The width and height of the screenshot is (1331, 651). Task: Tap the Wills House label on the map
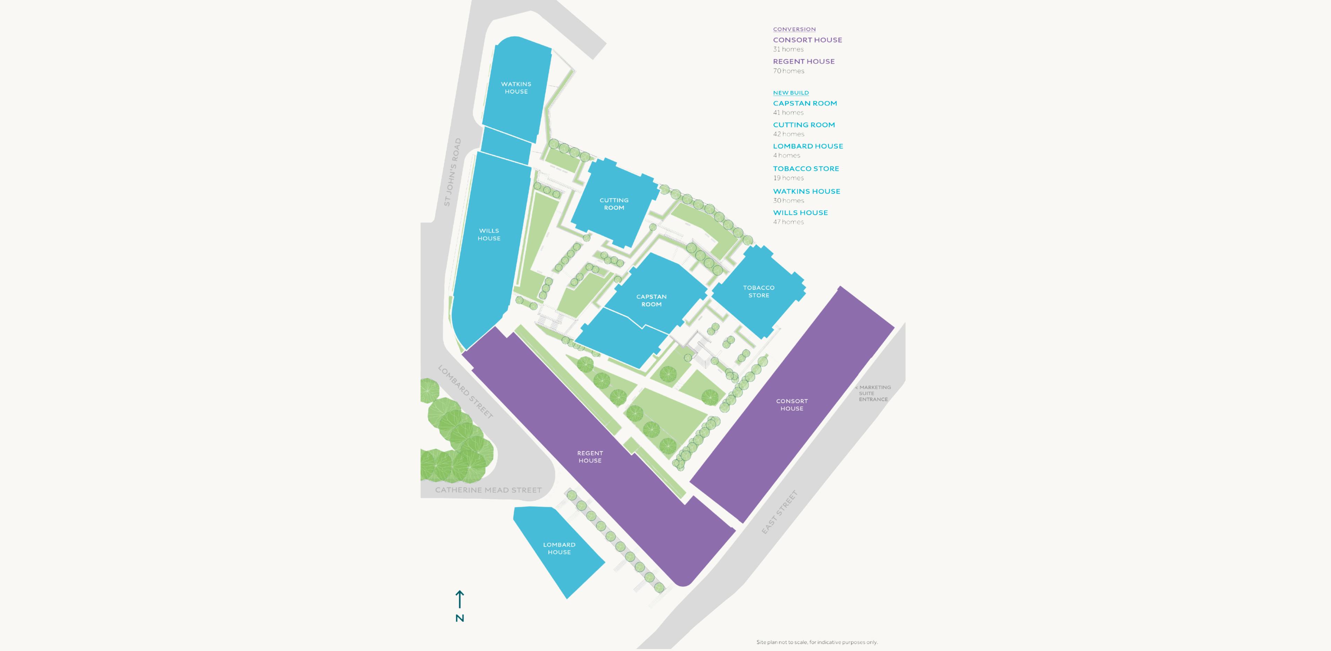click(x=489, y=235)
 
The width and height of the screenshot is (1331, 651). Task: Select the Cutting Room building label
click(x=614, y=204)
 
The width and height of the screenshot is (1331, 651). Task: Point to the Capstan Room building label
click(x=651, y=300)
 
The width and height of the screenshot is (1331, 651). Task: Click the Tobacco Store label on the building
click(x=758, y=291)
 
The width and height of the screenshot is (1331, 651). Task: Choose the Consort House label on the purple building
click(x=792, y=405)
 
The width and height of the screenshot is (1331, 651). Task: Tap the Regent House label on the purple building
click(x=590, y=457)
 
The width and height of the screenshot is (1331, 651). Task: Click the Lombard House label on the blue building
click(x=559, y=548)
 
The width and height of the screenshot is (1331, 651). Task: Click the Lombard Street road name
click(x=465, y=391)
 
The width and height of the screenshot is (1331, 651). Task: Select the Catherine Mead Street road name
click(x=488, y=490)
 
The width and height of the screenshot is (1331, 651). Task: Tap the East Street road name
click(x=779, y=511)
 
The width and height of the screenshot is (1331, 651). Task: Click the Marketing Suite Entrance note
click(x=873, y=393)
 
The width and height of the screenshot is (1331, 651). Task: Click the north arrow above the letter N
click(x=459, y=599)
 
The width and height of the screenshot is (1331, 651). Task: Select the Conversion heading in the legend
click(x=794, y=29)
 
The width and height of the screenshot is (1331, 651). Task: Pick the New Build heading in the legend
click(x=791, y=93)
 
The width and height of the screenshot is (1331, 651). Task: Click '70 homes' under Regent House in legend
click(x=789, y=71)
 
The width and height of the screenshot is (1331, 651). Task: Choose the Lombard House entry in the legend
click(x=808, y=146)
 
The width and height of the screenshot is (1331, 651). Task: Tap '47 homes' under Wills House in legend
click(x=789, y=222)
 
